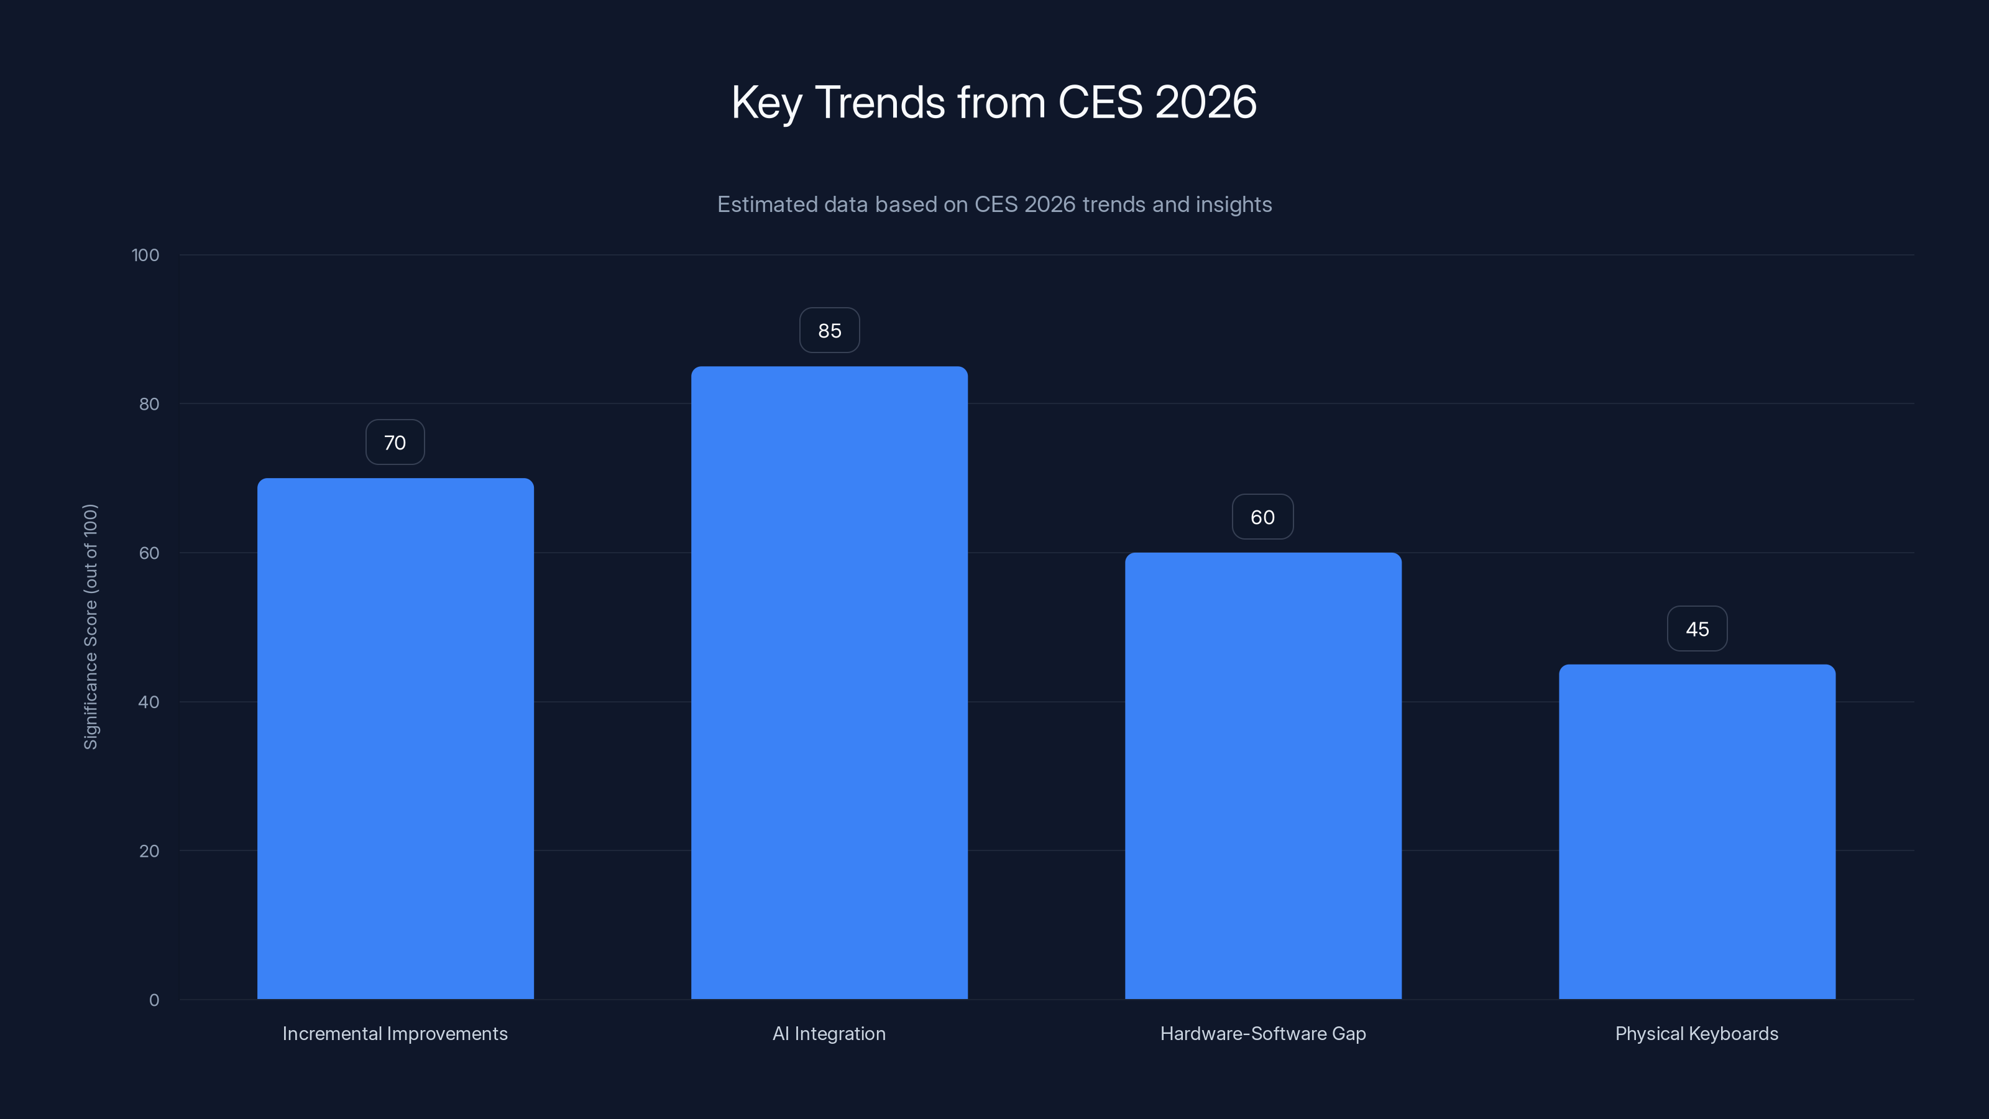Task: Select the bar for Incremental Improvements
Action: pyautogui.click(x=395, y=739)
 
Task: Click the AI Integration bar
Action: pyautogui.click(x=829, y=683)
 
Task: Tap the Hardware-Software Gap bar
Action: pyautogui.click(x=1263, y=775)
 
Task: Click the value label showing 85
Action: pyautogui.click(x=829, y=331)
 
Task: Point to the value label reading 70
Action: pyautogui.click(x=395, y=443)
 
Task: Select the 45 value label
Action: pyautogui.click(x=1697, y=629)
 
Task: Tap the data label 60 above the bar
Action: pyautogui.click(x=1263, y=517)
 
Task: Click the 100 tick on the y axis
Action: pyautogui.click(x=145, y=255)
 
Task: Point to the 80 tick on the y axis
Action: pyautogui.click(x=149, y=404)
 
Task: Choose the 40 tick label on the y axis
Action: pyautogui.click(x=149, y=702)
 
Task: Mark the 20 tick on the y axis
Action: pyautogui.click(x=149, y=851)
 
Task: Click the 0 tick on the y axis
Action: pyautogui.click(x=154, y=1000)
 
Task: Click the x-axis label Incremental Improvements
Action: pyautogui.click(x=395, y=1033)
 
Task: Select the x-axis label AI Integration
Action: pyautogui.click(x=829, y=1033)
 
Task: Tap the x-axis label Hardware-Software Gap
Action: pyautogui.click(x=1263, y=1033)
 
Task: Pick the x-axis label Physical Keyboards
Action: pyautogui.click(x=1697, y=1033)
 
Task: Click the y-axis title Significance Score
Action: pyautogui.click(x=90, y=626)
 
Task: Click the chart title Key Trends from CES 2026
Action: pyautogui.click(x=994, y=102)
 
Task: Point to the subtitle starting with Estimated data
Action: pyautogui.click(x=994, y=204)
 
